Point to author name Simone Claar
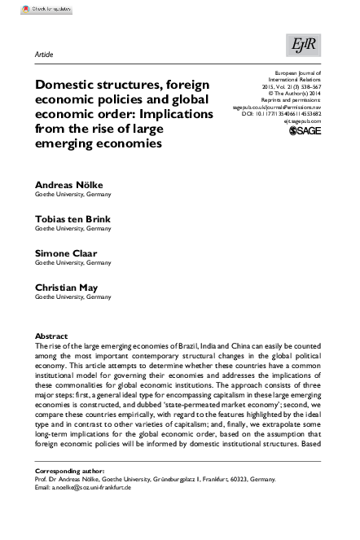pyautogui.click(x=66, y=253)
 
